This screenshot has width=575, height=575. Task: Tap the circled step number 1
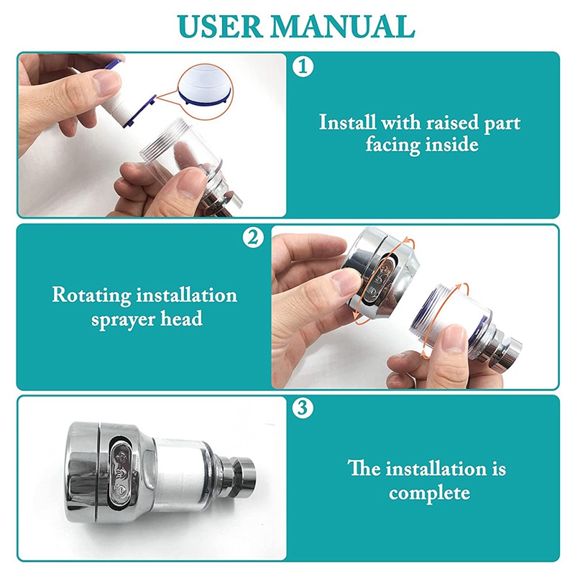click(303, 67)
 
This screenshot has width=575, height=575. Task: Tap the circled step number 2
click(253, 238)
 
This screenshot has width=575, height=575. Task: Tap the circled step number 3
click(303, 408)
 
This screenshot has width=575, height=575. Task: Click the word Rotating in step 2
click(92, 295)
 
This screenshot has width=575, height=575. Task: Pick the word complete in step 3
click(429, 493)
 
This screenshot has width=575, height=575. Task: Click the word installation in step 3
click(436, 469)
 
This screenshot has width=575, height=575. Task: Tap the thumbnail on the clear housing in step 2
click(454, 339)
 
